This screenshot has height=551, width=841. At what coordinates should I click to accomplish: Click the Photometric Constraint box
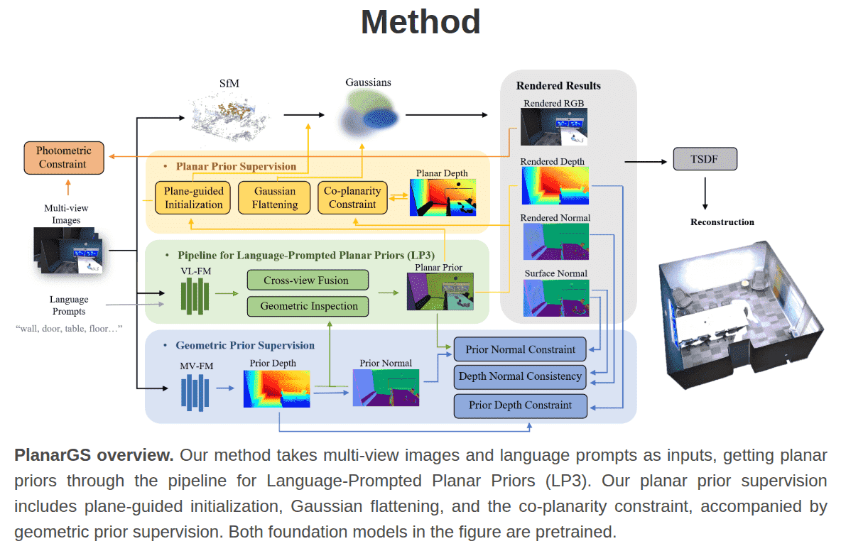point(63,158)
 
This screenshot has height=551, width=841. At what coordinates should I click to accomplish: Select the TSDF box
point(705,158)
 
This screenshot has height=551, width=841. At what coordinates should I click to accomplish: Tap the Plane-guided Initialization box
point(193,198)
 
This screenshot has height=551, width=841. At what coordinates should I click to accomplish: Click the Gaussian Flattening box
point(275,198)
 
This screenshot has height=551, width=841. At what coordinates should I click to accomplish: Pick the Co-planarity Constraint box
point(352,198)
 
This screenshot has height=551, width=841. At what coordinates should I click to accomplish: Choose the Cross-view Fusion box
point(308,280)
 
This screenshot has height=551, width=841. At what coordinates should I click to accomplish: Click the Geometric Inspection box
point(308,306)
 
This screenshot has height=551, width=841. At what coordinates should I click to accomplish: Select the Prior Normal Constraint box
point(520,349)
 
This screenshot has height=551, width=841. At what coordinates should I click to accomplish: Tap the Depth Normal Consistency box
point(520,376)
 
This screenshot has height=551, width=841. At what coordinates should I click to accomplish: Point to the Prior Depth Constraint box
point(520,405)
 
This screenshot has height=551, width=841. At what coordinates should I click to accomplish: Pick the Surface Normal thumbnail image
point(555,298)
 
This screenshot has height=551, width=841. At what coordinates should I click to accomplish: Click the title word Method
point(420,22)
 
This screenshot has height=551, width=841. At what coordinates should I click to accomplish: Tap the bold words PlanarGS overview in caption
point(94,455)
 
